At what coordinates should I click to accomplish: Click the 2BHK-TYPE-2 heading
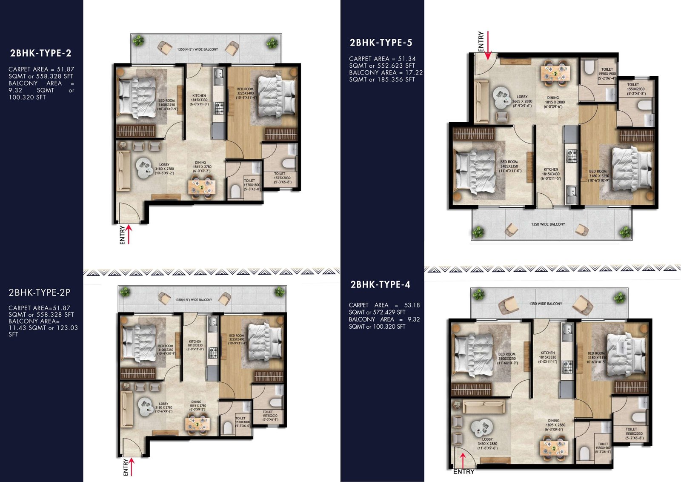(x=41, y=53)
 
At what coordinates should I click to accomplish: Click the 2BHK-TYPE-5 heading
(x=381, y=43)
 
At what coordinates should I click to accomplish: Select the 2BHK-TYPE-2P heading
(x=40, y=293)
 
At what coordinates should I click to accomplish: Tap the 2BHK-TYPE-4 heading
(x=380, y=285)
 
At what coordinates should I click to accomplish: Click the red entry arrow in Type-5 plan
(x=488, y=45)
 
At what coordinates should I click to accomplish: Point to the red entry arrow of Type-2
(x=129, y=234)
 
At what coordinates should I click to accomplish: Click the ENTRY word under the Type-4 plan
(x=464, y=472)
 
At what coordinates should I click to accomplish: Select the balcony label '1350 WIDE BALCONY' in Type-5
(x=548, y=224)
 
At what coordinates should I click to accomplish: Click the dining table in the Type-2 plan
(x=202, y=186)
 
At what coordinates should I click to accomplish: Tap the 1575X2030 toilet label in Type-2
(x=282, y=178)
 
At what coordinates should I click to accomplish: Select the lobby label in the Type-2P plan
(x=163, y=407)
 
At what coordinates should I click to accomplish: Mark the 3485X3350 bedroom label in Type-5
(x=509, y=166)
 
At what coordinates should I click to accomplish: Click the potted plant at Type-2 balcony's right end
(x=272, y=43)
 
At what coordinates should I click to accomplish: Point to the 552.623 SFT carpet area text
(x=396, y=66)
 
